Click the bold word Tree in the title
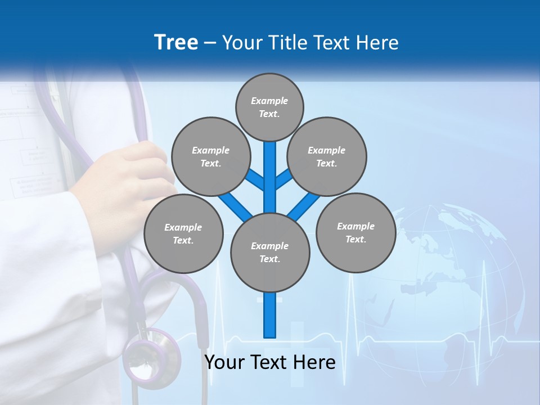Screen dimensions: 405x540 176,42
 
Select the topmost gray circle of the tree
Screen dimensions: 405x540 269,107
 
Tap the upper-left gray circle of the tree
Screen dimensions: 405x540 210,156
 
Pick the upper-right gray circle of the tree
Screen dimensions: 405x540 326,156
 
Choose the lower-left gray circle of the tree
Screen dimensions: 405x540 183,233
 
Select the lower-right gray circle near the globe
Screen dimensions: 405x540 355,232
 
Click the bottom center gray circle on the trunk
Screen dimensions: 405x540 270,252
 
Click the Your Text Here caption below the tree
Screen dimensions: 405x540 269,362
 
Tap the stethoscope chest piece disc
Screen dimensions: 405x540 151,358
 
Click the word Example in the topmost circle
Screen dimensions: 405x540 269,101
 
